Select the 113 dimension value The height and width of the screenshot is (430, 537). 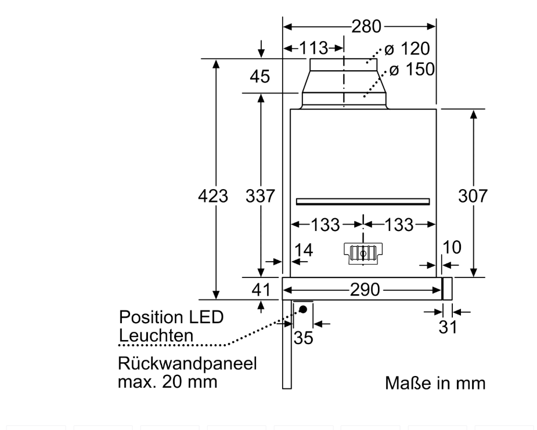point(313,47)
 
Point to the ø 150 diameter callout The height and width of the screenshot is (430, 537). point(412,70)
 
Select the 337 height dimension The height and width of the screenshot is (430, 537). point(259,196)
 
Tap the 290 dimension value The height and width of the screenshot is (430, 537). point(363,289)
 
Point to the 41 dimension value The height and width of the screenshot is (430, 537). point(260,288)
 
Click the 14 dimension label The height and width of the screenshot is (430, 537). point(303,251)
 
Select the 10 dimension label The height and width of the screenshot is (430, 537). point(452,248)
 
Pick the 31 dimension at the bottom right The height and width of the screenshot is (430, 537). point(447,327)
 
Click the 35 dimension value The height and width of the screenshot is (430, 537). point(302,338)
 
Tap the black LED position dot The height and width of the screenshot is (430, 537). point(302,309)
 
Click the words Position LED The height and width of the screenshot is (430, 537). point(171,317)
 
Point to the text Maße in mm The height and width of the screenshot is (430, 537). point(435,384)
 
